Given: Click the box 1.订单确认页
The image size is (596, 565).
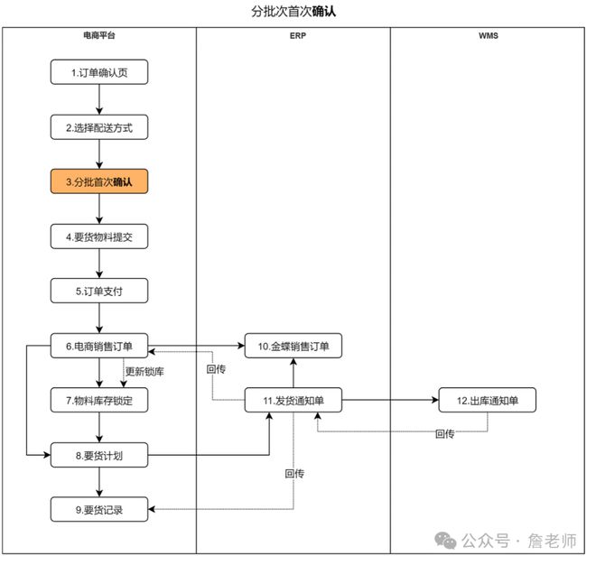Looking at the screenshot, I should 98,72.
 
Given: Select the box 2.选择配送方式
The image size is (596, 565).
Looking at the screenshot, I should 98,127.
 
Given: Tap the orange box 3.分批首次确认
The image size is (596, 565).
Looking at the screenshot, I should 98,182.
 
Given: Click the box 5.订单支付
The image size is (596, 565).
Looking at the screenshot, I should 98,292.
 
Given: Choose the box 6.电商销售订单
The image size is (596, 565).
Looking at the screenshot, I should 98,346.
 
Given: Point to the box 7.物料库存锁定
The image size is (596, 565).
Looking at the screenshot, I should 98,400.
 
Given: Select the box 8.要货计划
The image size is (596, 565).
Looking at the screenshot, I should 98,456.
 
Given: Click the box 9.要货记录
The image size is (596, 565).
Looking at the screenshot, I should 98,510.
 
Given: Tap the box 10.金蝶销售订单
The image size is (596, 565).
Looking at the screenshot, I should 293,346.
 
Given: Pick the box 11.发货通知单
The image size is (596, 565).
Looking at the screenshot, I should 293,401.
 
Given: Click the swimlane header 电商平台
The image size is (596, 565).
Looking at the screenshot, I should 98,37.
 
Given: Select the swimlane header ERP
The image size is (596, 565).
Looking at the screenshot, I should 293,37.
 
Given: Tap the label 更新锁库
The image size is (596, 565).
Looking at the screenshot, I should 144,372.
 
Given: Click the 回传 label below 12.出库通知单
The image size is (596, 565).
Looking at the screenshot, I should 444,434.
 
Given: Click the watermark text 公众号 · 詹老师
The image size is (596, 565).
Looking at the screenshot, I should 518,541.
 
